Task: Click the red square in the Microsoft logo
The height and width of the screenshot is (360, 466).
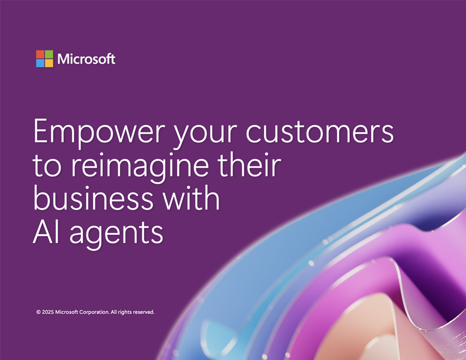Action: [40, 55]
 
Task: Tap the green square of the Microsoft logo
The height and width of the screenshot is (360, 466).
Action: [49, 55]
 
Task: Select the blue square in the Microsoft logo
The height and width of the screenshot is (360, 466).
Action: [40, 63]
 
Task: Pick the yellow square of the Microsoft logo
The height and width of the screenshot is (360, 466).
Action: [49, 63]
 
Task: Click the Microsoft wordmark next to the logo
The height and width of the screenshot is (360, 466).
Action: [86, 59]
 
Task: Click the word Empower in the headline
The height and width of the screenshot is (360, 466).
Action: [99, 132]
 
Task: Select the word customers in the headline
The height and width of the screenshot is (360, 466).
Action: [320, 131]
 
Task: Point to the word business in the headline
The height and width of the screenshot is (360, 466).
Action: [93, 197]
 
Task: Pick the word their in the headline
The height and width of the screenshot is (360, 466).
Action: [249, 164]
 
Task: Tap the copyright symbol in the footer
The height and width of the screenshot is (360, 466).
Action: [39, 312]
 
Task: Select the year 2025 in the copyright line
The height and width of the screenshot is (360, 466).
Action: [48, 312]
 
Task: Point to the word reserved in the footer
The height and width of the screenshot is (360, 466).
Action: [144, 312]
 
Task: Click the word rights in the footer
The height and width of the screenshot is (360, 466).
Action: [125, 312]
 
